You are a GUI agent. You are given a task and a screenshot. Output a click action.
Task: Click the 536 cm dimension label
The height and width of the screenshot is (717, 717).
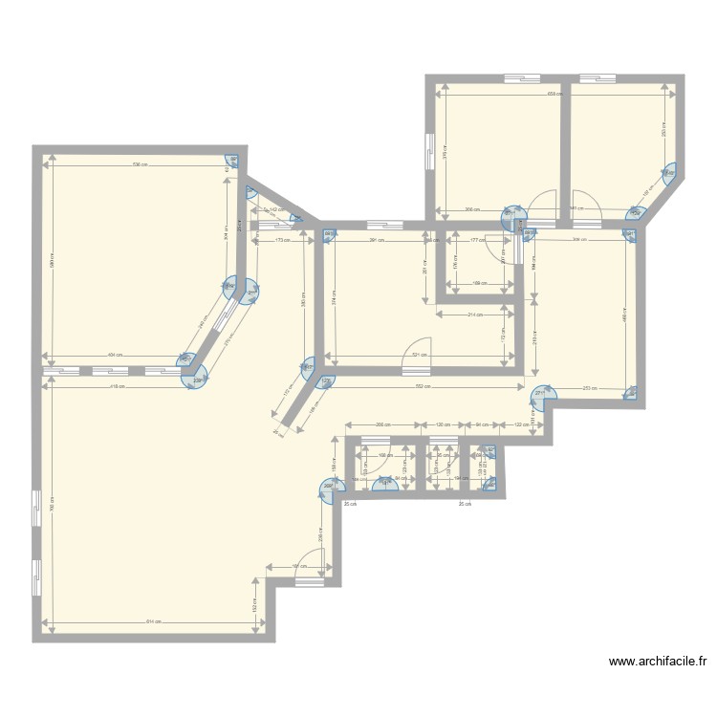tap(140, 165)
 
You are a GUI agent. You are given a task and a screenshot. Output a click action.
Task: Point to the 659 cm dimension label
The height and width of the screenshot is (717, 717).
tap(553, 94)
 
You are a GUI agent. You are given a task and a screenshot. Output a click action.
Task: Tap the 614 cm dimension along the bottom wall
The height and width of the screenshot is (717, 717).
tap(153, 622)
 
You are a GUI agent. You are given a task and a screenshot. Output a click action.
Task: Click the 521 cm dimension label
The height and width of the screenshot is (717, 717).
tap(418, 356)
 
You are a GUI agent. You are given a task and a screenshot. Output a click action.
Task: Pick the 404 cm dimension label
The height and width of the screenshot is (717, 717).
tap(114, 356)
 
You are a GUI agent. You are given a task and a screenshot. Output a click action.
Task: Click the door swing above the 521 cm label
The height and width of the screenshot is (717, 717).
tap(418, 346)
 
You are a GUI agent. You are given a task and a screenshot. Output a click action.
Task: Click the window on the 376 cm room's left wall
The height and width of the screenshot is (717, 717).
tap(427, 146)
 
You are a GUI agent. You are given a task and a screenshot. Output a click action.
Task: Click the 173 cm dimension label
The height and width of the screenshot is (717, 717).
tap(281, 239)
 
